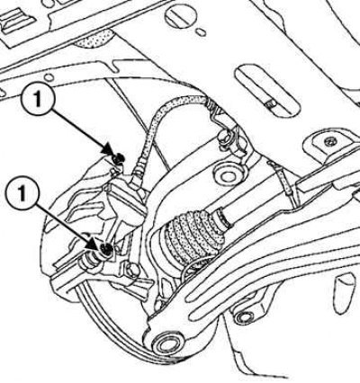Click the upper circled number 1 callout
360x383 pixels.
point(37,101)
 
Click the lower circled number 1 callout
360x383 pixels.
point(22,193)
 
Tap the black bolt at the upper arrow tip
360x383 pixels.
point(120,157)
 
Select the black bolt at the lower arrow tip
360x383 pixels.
point(106,249)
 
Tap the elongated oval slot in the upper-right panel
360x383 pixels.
point(266,91)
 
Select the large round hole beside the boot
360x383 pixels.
point(228,175)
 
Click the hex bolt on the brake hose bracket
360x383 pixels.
point(224,138)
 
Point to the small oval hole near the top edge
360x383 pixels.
point(201,31)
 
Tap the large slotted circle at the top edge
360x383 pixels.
point(180,15)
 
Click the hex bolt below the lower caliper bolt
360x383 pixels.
point(133,270)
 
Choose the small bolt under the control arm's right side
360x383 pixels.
point(245,316)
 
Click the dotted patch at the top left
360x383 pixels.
point(95,39)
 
